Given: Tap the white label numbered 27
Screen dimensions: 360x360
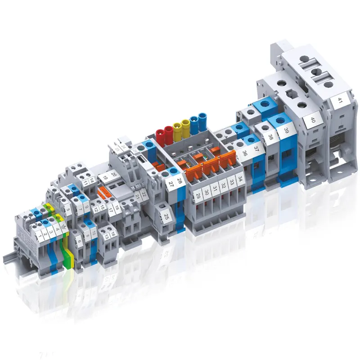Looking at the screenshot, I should (x=171, y=183).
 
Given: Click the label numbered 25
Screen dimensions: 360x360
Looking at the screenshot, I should (x=166, y=218).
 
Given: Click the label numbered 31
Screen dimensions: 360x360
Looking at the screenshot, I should (x=215, y=189).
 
